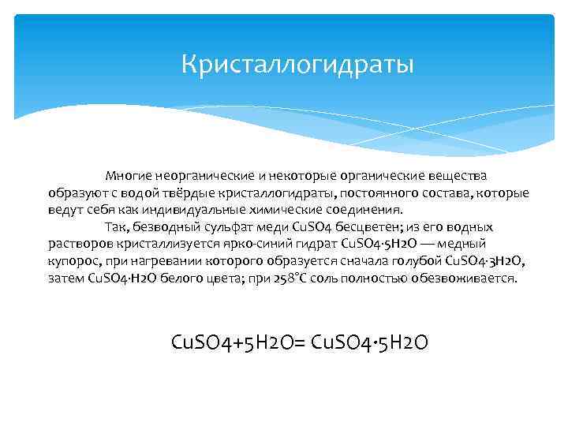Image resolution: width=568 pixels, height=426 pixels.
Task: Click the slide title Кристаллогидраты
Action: tap(297, 62)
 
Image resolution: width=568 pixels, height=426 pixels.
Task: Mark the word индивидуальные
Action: tap(183, 211)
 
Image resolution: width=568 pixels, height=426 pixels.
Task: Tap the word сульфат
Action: tap(225, 228)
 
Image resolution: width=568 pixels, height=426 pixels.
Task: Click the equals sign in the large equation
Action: tap(303, 343)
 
